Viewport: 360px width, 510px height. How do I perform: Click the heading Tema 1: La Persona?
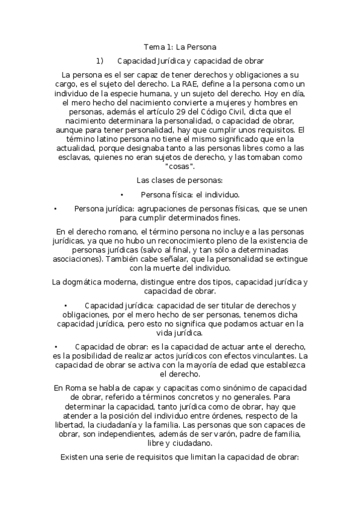point(180,46)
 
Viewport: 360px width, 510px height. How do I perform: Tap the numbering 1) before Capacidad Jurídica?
point(100,61)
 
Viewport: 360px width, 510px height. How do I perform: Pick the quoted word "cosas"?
point(180,166)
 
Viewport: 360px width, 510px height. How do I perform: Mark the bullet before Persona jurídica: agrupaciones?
point(55,209)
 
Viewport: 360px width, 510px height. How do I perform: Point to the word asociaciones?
point(76,259)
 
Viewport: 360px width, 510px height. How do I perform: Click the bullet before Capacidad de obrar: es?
point(55,347)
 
